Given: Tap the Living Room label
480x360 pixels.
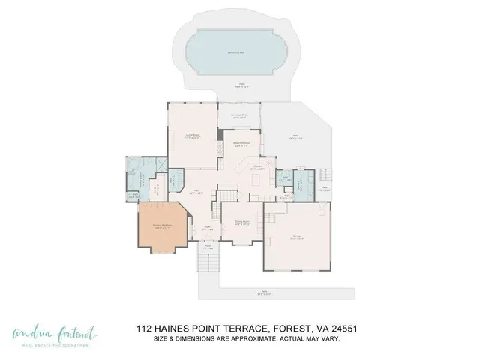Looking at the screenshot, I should [x=192, y=136].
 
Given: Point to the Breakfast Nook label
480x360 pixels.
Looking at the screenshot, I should [x=241, y=144].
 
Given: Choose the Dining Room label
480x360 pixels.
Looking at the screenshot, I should [x=241, y=222].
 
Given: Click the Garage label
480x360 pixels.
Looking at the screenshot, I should [x=298, y=238].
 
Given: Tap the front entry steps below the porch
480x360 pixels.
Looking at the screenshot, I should [x=208, y=262].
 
